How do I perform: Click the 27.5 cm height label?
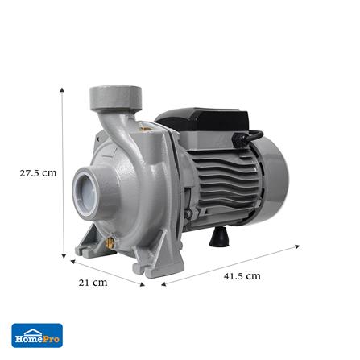(x=38, y=173)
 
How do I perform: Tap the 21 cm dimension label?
(x=93, y=283)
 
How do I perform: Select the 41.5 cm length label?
(x=242, y=276)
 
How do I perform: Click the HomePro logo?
(x=37, y=336)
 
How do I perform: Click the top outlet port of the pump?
(x=116, y=97)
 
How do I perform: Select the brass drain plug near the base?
(x=110, y=243)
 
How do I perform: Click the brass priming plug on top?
(x=146, y=126)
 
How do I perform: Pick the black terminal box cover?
(x=203, y=120)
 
